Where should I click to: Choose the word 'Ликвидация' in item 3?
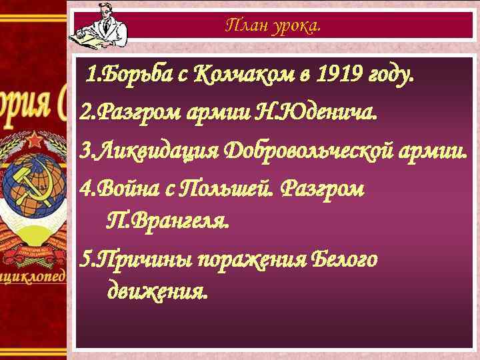point(149,150)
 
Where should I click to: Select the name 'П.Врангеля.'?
point(167,220)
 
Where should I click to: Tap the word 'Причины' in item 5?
point(137,258)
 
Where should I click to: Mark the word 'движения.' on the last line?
point(157,291)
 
